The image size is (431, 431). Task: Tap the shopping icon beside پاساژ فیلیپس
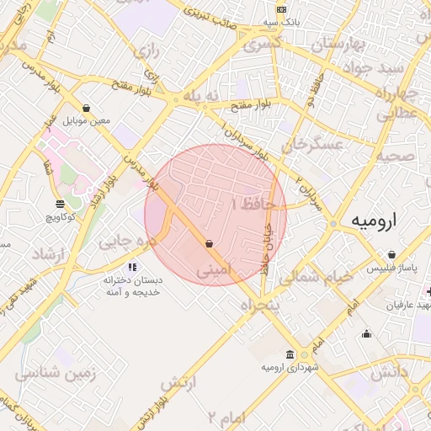point(392,254)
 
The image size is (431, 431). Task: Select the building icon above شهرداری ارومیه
point(290,354)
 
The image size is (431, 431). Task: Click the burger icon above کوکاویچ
point(59,204)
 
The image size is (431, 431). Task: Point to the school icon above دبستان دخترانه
point(131,267)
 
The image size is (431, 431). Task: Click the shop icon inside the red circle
point(208,243)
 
